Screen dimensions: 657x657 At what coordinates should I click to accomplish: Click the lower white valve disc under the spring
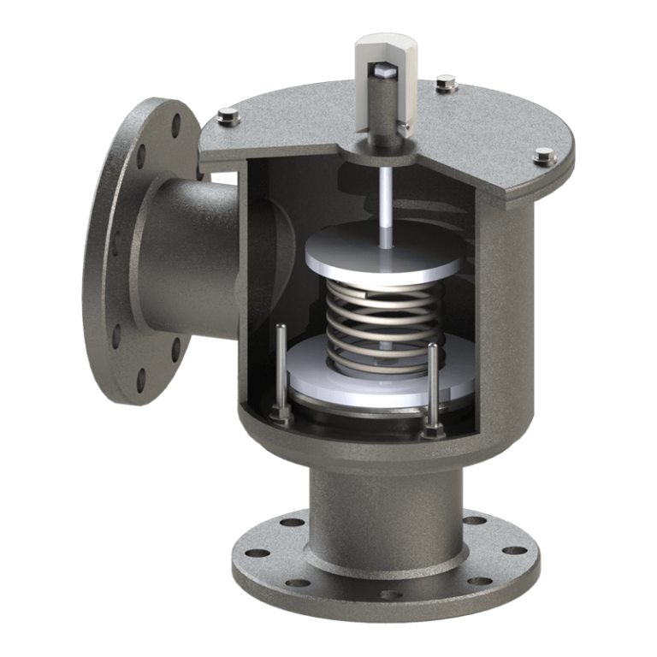point(359,385)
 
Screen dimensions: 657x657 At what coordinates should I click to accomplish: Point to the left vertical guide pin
point(281,368)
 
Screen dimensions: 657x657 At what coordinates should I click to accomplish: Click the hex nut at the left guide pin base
point(279,414)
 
